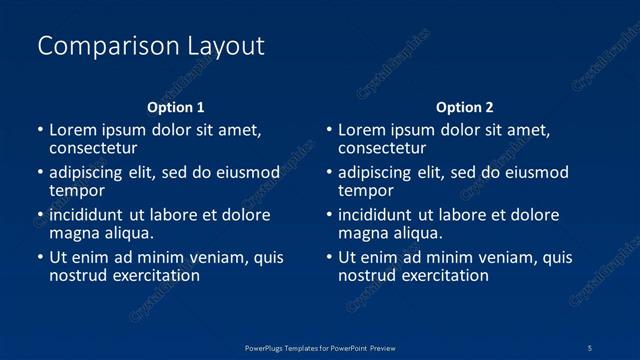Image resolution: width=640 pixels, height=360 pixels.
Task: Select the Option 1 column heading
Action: [176, 107]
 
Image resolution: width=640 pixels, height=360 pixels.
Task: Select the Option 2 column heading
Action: [465, 107]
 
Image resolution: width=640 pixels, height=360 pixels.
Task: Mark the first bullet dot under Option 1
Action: [40, 130]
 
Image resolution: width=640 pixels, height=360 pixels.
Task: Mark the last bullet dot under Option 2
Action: [329, 258]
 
